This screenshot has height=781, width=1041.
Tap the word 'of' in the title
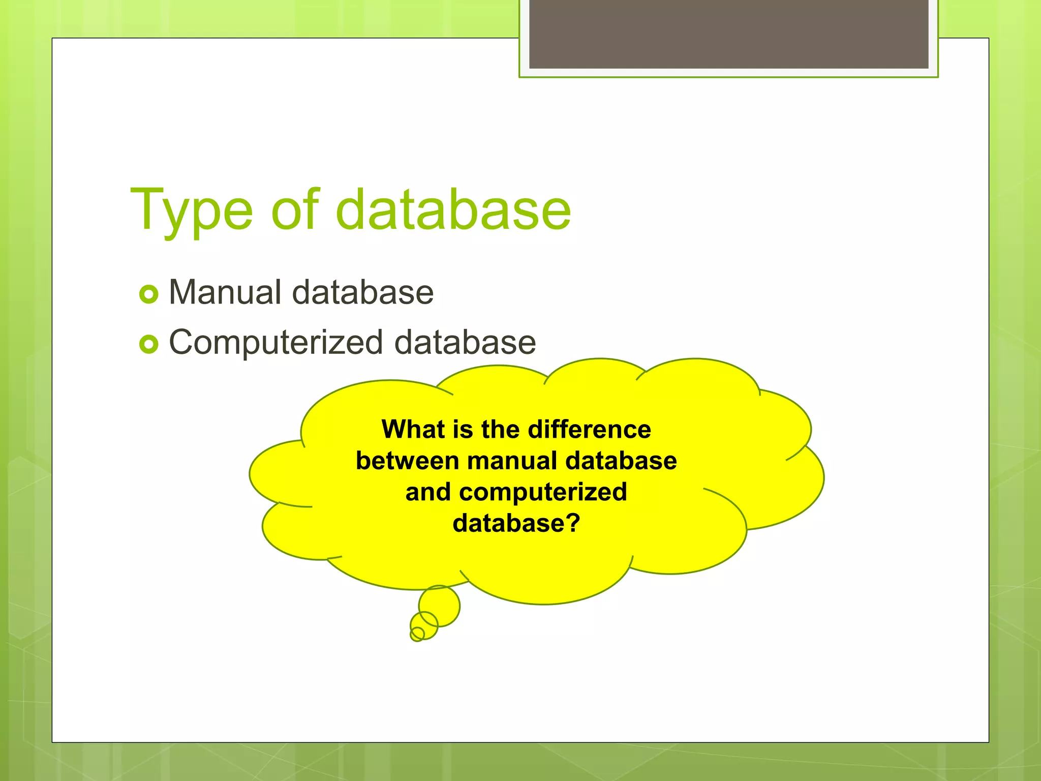pos(295,209)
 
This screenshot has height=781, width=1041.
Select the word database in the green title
pos(453,209)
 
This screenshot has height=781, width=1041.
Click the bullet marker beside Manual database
pos(149,294)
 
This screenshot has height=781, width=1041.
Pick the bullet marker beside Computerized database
pos(149,344)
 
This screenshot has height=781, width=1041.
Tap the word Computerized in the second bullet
pos(275,343)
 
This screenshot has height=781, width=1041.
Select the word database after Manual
pos(363,292)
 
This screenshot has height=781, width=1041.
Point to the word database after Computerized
pos(465,342)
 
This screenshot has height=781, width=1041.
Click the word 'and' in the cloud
pos(428,492)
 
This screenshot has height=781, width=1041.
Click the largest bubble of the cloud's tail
pos(440,605)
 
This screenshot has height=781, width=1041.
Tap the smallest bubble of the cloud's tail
pos(417,634)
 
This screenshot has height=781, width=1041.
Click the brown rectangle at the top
pos(728,34)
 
